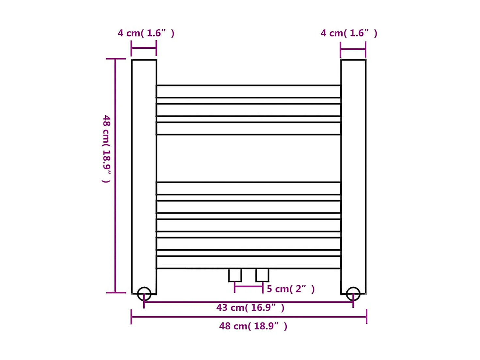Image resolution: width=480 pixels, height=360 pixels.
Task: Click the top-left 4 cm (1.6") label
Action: (146, 33)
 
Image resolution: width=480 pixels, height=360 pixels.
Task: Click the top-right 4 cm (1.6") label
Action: (349, 33)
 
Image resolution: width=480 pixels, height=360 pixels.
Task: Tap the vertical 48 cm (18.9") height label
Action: (107, 149)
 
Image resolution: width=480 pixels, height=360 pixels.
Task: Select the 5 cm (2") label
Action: (291, 289)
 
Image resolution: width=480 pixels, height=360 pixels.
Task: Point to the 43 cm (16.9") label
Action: (250, 308)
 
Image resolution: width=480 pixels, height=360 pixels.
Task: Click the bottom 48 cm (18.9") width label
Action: (253, 326)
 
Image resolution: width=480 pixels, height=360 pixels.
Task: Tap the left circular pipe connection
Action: (144, 294)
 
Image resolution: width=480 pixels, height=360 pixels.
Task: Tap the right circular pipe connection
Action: (353, 294)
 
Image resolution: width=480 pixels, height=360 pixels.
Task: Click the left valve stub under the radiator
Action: (235, 275)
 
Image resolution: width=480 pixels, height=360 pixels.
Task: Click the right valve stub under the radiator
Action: (262, 275)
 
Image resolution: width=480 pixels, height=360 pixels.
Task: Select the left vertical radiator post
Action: (144, 173)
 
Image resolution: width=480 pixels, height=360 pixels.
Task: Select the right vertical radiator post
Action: (353, 173)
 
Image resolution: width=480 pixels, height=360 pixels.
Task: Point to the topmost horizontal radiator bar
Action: (248, 91)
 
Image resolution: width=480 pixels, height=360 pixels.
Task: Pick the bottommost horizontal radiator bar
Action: (248, 262)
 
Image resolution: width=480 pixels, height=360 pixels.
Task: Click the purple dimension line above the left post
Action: (144, 48)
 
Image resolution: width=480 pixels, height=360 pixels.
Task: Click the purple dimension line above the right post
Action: (353, 49)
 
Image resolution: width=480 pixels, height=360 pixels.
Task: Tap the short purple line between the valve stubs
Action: (248, 287)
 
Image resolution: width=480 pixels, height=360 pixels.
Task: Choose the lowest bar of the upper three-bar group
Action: (248, 128)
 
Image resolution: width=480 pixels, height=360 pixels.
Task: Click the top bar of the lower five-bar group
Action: (248, 188)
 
